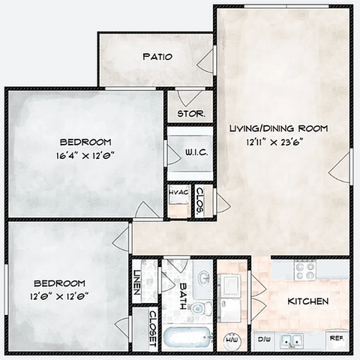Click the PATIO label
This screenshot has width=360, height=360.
click(157, 57)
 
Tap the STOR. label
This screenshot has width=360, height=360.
click(191, 114)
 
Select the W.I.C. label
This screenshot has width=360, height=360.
click(196, 152)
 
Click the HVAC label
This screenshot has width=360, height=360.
click(179, 192)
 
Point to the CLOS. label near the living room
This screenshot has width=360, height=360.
click(200, 202)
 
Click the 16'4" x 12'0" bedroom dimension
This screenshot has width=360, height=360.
click(85, 156)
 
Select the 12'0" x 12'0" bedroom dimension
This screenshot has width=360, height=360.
click(59, 297)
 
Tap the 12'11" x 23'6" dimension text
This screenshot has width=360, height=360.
click(275, 142)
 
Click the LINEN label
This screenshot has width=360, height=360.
click(137, 282)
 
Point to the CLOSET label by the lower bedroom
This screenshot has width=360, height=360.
click(153, 328)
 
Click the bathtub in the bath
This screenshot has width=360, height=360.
click(187, 338)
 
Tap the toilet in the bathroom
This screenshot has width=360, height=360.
click(201, 308)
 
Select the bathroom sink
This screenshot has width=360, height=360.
click(204, 278)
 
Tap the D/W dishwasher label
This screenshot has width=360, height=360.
click(264, 339)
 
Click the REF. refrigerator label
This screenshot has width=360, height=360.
click(337, 338)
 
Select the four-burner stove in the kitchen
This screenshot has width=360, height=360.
click(305, 270)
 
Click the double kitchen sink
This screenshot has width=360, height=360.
click(292, 340)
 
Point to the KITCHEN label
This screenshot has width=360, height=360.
click(308, 301)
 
